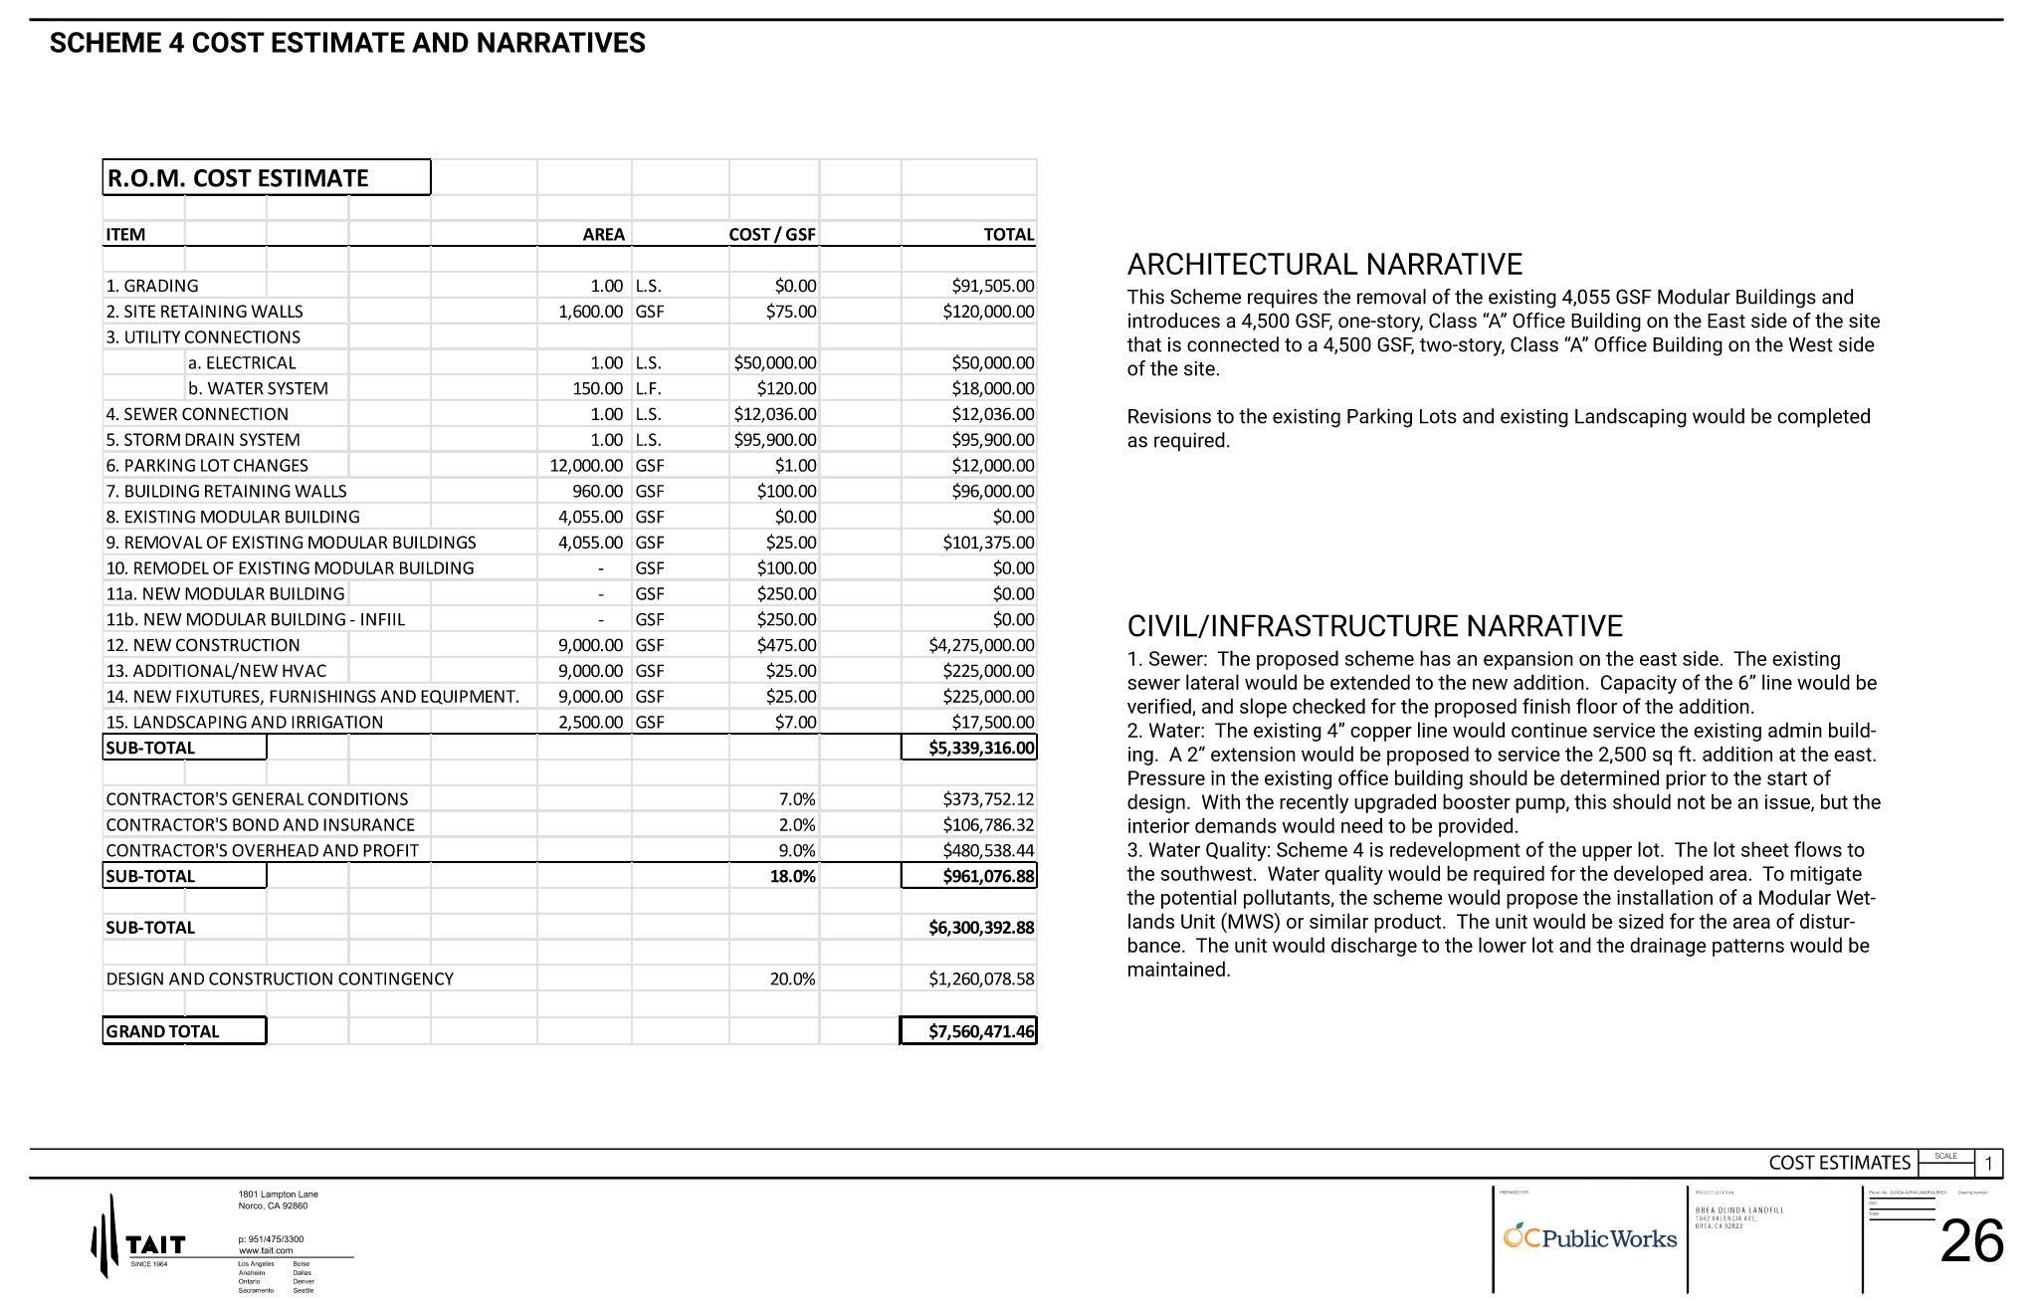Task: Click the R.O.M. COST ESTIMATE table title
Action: coord(237,178)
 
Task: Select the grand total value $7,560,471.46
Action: coord(981,1031)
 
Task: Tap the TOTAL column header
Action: coord(1008,235)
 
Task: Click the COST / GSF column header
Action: coord(771,235)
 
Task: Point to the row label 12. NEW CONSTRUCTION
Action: coord(203,645)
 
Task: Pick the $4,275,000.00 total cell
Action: coord(981,645)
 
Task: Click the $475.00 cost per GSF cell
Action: coord(786,645)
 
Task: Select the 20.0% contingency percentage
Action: coord(792,980)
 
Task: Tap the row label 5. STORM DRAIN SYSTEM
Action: coord(203,440)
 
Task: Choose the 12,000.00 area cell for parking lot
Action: coord(586,466)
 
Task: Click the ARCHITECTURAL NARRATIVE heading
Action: coord(1324,265)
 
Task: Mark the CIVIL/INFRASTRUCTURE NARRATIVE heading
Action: coord(1374,626)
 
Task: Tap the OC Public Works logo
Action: coord(1589,1238)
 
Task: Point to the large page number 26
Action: coord(1971,1241)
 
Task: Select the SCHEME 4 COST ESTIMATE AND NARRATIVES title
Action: coord(347,44)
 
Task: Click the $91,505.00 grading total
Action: coord(992,287)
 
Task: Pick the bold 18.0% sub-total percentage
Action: coord(792,877)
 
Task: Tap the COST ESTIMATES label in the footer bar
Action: coord(1839,1163)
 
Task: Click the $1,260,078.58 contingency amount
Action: coord(981,980)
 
